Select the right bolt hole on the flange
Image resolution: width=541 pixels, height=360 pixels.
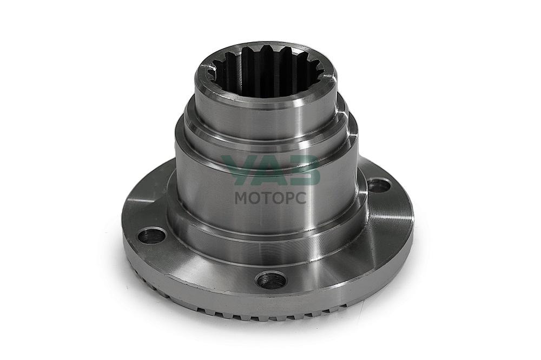[x=379, y=186]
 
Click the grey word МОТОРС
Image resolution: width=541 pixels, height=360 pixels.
[x=270, y=198]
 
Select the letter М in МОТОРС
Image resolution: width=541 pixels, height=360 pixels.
[x=241, y=198]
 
